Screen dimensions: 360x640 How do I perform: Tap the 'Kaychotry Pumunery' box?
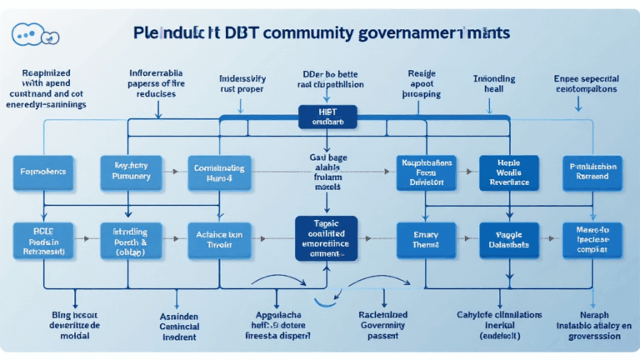pyautogui.click(x=129, y=171)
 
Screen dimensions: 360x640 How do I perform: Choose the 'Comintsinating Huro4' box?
pyautogui.click(x=218, y=172)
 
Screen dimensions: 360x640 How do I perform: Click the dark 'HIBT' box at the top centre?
pyautogui.click(x=327, y=116)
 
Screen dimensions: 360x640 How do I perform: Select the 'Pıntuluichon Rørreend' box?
pyautogui.click(x=592, y=171)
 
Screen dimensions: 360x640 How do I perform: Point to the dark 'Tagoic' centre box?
pyautogui.click(x=327, y=238)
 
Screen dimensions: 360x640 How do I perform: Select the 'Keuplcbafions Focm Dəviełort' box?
pyautogui.click(x=425, y=171)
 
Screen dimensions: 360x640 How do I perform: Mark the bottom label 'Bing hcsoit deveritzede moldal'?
pyautogui.click(x=63, y=323)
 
